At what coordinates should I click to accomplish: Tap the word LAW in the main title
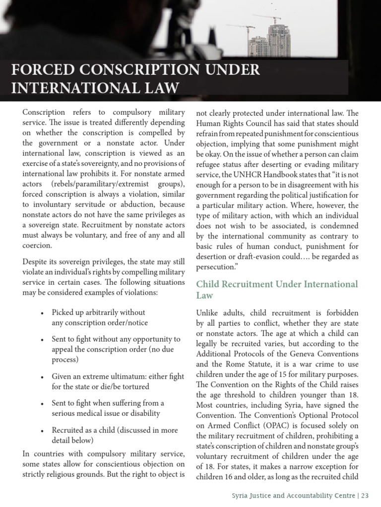[x=158, y=89]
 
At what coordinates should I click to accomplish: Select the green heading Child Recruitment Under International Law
[x=277, y=290]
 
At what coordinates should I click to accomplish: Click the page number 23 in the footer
[x=365, y=495]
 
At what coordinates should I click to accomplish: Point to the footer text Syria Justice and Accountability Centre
[x=295, y=495]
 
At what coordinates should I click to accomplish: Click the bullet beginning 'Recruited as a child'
[x=115, y=435]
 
